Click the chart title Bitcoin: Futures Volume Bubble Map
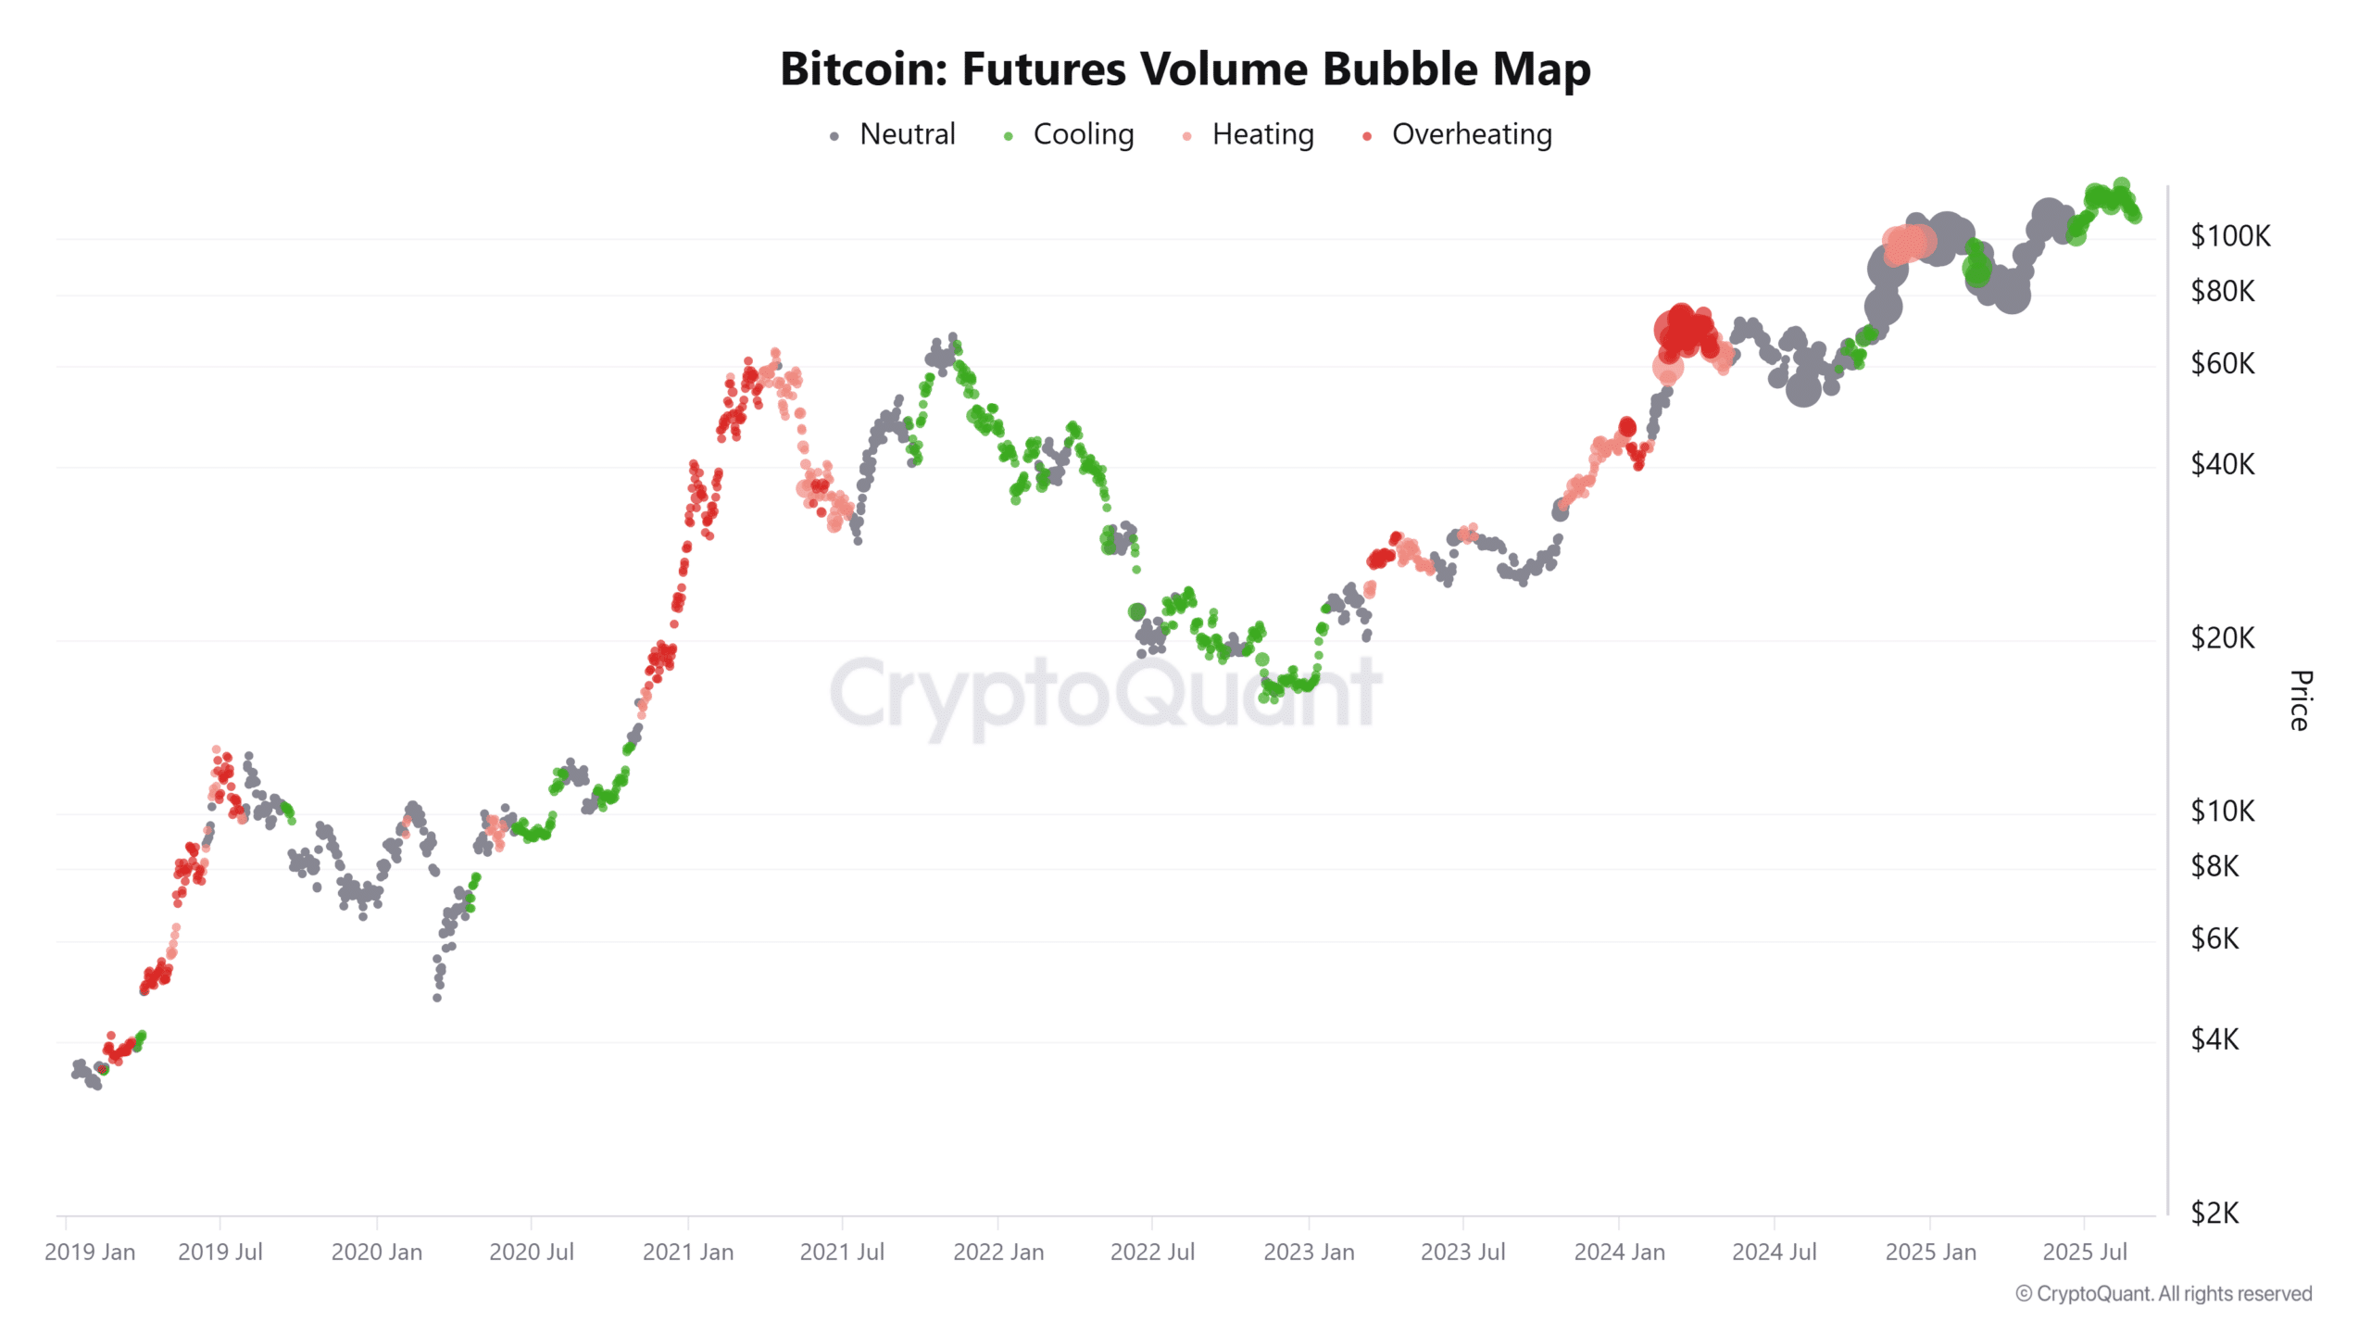point(1185,69)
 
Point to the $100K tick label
point(2229,236)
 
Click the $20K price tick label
point(2222,637)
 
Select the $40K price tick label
point(2222,464)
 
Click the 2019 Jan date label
point(90,1252)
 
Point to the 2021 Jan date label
point(688,1252)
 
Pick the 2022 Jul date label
point(1152,1252)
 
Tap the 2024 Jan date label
point(1619,1252)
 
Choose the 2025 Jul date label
point(2085,1252)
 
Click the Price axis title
point(2300,700)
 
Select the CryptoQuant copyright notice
point(2164,1293)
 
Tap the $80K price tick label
point(2222,292)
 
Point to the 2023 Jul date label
point(1462,1252)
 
